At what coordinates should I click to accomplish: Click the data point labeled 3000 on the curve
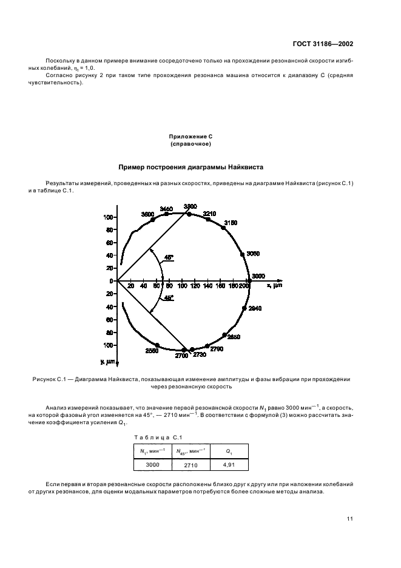pyautogui.click(x=248, y=281)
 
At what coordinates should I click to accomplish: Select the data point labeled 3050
pyautogui.click(x=243, y=254)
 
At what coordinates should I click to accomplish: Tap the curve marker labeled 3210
pyautogui.click(x=208, y=220)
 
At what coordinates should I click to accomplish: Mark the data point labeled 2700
pyautogui.click(x=185, y=350)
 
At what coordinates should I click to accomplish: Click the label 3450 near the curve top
pyautogui.click(x=166, y=209)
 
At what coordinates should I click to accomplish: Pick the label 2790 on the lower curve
pyautogui.click(x=217, y=349)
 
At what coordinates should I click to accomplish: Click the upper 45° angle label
pyautogui.click(x=168, y=257)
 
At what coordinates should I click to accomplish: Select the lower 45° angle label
pyautogui.click(x=168, y=298)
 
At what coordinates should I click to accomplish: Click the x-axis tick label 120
pyautogui.click(x=195, y=286)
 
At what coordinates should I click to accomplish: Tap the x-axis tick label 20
pyautogui.click(x=130, y=286)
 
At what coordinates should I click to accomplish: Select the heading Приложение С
pyautogui.click(x=190, y=138)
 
